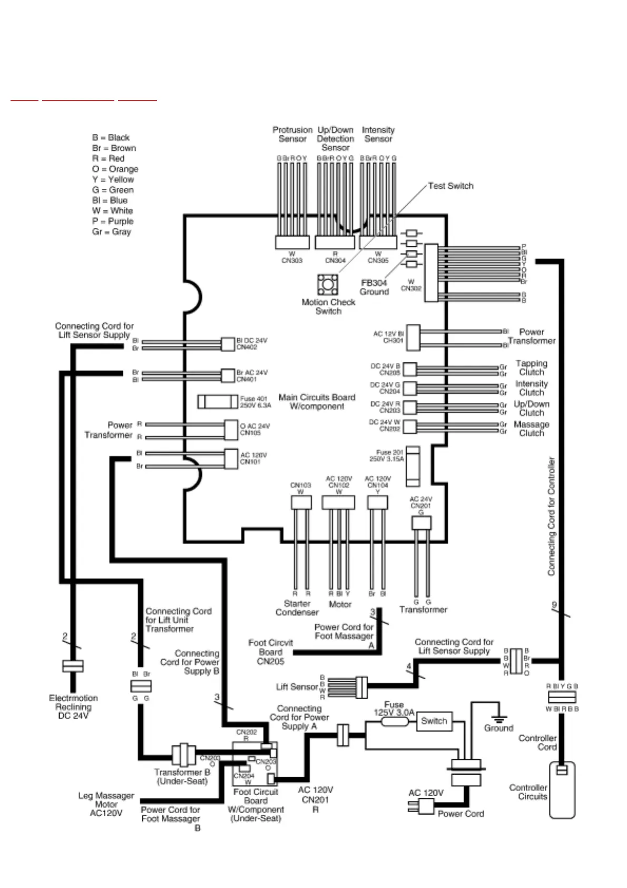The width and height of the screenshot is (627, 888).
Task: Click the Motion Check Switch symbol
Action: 328,285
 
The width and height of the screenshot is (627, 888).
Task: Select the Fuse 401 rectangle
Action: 217,402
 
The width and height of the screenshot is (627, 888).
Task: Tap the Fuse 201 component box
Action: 413,466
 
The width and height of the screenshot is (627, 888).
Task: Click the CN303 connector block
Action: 292,242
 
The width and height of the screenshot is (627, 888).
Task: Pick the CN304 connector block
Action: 335,242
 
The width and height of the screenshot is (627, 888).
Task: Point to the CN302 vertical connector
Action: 431,273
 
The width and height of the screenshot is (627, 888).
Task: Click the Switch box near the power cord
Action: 434,721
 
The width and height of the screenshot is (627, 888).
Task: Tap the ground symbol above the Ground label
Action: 498,718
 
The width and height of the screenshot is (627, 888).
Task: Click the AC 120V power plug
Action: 422,806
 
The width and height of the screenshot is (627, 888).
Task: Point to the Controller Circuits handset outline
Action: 562,790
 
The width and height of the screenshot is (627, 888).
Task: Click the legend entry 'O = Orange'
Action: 115,169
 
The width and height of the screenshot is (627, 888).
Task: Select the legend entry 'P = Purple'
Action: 112,221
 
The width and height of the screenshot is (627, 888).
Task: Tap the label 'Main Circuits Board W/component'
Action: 317,402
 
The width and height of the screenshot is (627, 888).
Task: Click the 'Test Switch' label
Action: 450,186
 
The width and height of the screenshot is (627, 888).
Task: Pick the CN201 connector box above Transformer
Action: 421,523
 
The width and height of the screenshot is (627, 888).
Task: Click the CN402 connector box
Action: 228,344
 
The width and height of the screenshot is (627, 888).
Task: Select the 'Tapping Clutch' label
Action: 531,368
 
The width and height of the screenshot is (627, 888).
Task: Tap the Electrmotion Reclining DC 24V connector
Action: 73,666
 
